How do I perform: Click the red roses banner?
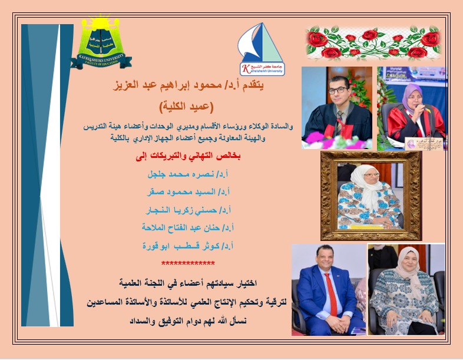tap(373, 42)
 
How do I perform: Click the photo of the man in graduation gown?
tap(336, 108)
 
